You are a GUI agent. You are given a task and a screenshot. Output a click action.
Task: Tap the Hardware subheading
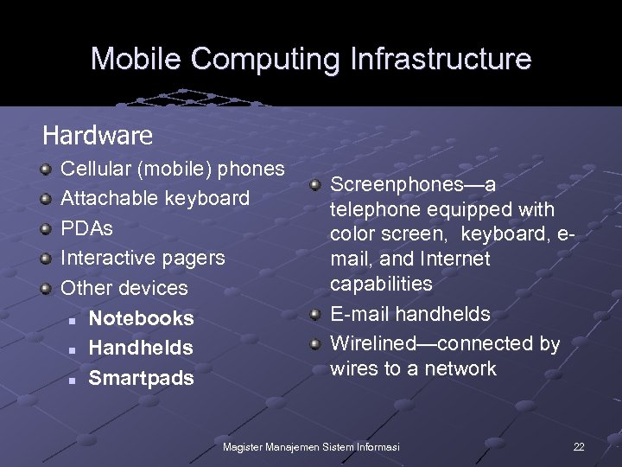click(x=98, y=136)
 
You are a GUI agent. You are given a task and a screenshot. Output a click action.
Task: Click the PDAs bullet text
click(x=86, y=228)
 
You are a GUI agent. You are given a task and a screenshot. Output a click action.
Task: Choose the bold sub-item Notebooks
click(x=141, y=318)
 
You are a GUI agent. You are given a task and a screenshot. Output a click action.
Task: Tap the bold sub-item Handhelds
click(x=141, y=348)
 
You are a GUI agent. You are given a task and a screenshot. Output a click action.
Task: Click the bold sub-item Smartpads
click(x=141, y=378)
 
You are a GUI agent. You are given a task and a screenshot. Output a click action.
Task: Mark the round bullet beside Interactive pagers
click(x=46, y=258)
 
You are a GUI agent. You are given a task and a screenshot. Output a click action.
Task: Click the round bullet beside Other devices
click(x=46, y=287)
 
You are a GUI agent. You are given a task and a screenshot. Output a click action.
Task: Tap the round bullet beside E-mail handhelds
click(x=316, y=314)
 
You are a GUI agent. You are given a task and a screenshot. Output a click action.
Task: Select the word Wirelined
click(x=373, y=343)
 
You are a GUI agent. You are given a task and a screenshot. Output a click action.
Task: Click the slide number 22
click(x=579, y=446)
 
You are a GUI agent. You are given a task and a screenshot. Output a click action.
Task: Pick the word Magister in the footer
click(x=244, y=446)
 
